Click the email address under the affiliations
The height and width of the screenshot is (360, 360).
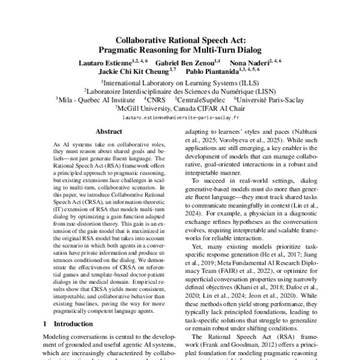(179, 118)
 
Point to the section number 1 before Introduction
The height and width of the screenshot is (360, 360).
(46, 323)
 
